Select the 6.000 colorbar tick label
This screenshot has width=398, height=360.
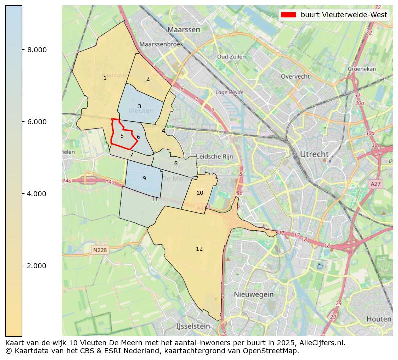[37, 122]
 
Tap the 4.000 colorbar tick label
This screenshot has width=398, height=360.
[37, 194]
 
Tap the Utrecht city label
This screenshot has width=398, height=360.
[314, 154]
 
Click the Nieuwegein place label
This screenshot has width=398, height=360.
[253, 294]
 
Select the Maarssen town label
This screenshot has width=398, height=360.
[184, 30]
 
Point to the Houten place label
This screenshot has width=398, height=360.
[379, 319]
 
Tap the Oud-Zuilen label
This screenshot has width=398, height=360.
[231, 57]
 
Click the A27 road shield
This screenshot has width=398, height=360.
[375, 184]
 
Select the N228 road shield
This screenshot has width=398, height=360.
[100, 250]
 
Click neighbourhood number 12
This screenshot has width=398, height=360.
[200, 249]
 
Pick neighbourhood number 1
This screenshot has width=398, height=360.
[105, 78]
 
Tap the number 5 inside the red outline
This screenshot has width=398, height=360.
[122, 136]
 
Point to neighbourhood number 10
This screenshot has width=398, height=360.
[200, 193]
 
